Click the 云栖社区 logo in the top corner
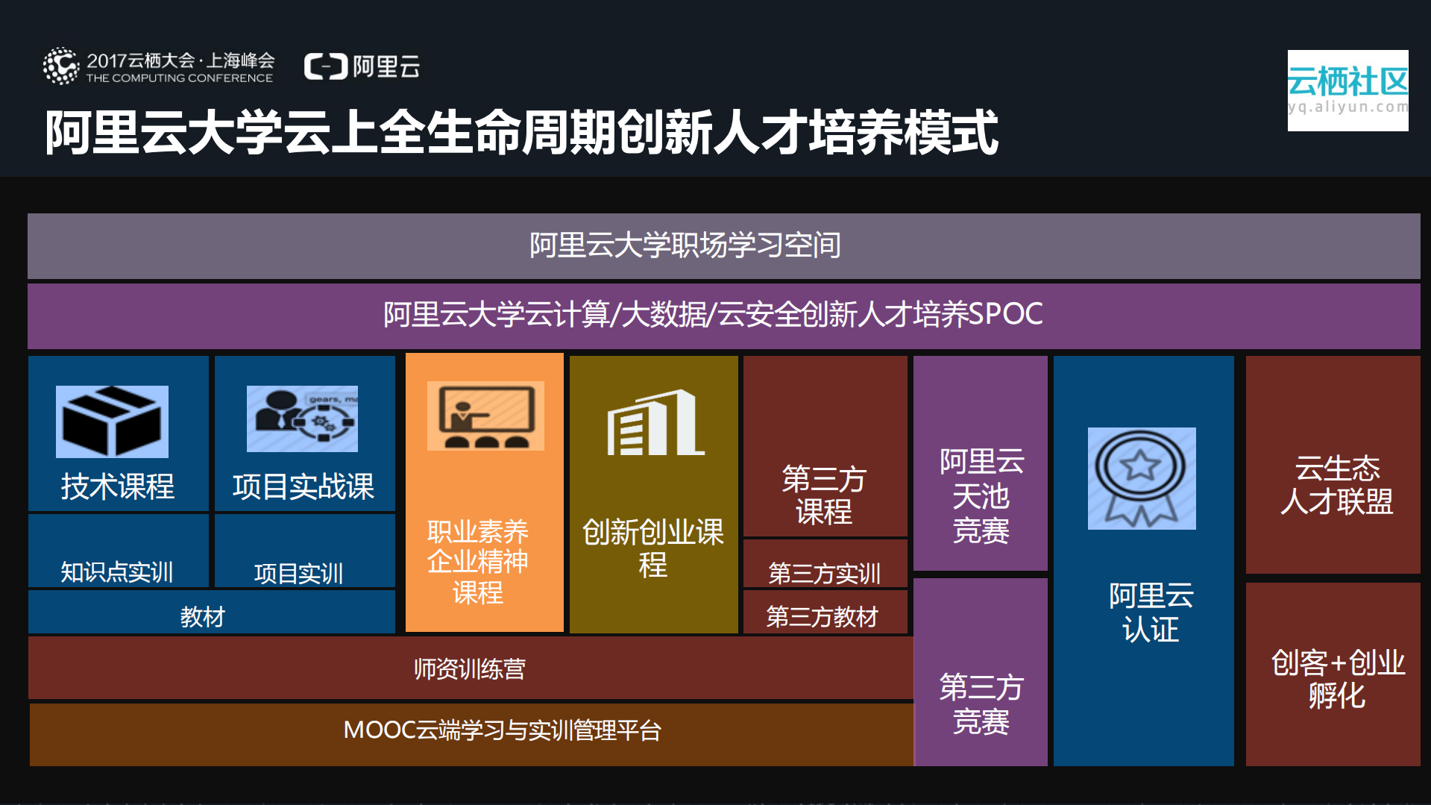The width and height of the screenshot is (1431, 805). [x=1347, y=90]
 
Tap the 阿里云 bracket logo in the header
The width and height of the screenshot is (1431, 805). [x=326, y=66]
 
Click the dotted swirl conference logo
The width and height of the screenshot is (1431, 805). [x=61, y=66]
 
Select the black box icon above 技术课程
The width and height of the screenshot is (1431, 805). [x=112, y=422]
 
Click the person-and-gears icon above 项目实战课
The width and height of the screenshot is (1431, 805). [x=302, y=419]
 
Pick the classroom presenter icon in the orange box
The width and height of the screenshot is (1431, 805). [x=485, y=416]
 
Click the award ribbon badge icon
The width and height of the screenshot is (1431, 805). [x=1141, y=478]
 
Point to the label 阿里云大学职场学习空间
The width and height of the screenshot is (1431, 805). [x=685, y=245]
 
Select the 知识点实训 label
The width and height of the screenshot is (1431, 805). [x=117, y=572]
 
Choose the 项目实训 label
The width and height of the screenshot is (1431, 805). [x=298, y=574]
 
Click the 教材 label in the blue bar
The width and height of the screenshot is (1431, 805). [x=202, y=617]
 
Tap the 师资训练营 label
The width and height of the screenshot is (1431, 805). [x=470, y=669]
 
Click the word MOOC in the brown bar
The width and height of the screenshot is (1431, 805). [x=378, y=730]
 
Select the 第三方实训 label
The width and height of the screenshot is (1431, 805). [x=824, y=573]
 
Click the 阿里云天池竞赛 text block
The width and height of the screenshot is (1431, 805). [x=981, y=496]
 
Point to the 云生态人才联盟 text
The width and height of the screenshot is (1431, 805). [x=1336, y=485]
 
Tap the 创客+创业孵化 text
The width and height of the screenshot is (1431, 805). [x=1337, y=679]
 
